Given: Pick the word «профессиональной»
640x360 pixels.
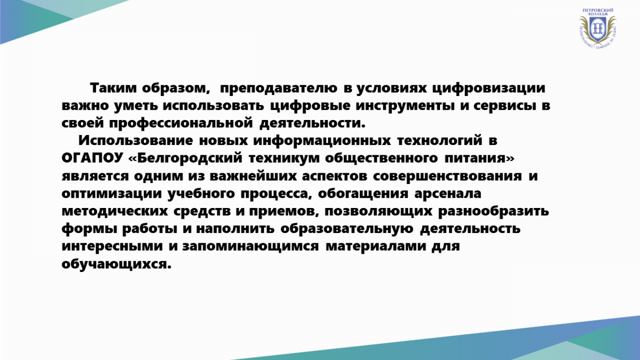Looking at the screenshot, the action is (x=181, y=123).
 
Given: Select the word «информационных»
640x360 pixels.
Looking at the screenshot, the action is (x=322, y=141).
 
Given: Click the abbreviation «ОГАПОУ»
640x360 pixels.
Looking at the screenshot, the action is (x=92, y=158).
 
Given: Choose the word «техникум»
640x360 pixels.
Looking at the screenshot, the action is (x=284, y=158).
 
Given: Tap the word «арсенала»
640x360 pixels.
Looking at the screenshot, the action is (x=448, y=194).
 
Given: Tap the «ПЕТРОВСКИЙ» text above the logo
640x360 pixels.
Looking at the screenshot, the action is (x=597, y=10).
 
